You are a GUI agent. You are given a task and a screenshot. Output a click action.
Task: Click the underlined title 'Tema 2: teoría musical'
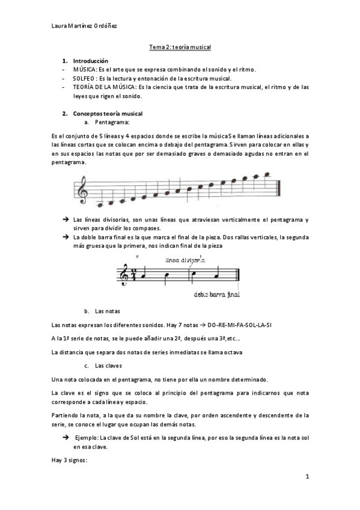pos(180,46)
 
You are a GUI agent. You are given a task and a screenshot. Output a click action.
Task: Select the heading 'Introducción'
pos(90,61)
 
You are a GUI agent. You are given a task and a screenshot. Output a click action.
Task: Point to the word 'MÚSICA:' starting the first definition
pos(85,70)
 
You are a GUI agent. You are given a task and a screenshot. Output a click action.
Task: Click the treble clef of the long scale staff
pos(81,191)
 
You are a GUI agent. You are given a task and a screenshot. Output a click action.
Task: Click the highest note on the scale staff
pos(267,175)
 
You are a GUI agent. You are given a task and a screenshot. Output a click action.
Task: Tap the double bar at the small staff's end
pos(239,275)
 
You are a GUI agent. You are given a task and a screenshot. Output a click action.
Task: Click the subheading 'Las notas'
pos(108,311)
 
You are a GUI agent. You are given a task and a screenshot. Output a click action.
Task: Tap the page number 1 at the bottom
pos(307,477)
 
